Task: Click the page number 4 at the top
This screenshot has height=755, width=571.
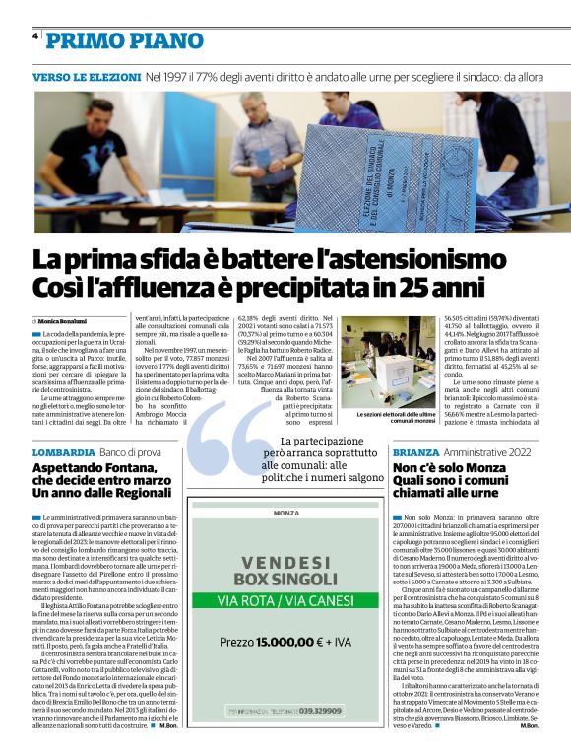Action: [35, 36]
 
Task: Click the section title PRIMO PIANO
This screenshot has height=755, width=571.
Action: [124, 40]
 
